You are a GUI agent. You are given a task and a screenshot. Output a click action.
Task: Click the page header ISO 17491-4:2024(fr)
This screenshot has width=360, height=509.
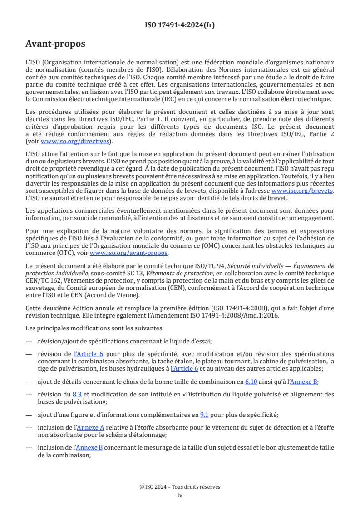(180, 25)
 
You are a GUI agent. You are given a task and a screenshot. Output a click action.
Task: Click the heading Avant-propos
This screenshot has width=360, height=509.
(55, 44)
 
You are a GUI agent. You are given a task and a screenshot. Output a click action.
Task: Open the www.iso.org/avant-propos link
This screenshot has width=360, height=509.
(129, 253)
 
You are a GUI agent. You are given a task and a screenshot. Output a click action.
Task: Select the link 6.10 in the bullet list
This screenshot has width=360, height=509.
(251, 382)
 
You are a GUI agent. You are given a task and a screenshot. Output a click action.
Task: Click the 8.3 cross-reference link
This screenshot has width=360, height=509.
(78, 394)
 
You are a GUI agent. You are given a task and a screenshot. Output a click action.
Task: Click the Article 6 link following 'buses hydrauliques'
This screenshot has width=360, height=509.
(184, 369)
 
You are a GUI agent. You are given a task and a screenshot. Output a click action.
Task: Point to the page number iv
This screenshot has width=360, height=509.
(180, 495)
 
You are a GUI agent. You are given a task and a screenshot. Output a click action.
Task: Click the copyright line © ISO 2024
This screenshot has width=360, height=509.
(180, 487)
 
